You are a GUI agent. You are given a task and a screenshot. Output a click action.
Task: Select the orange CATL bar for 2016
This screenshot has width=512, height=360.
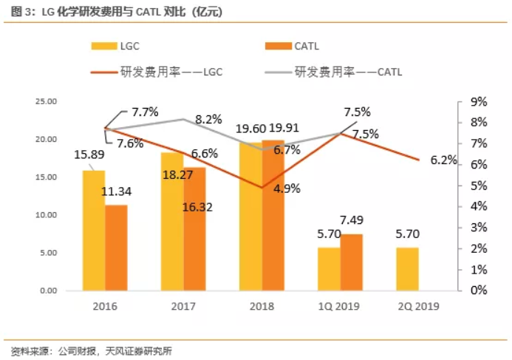click(116, 248)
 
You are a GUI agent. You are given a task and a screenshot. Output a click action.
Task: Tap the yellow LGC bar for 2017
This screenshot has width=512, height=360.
click(172, 222)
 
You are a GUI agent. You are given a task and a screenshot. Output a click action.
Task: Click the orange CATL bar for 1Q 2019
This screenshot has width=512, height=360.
click(352, 262)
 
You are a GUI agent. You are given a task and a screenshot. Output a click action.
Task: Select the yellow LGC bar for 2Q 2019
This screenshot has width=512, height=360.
click(406, 269)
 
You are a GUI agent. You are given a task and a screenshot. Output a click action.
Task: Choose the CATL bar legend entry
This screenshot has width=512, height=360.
click(293, 46)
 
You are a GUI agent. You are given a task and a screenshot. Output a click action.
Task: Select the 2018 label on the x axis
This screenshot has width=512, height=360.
click(262, 307)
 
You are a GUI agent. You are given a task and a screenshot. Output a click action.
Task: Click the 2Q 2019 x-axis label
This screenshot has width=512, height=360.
click(406, 307)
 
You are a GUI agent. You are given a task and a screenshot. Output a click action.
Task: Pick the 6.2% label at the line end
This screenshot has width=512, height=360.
click(443, 161)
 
